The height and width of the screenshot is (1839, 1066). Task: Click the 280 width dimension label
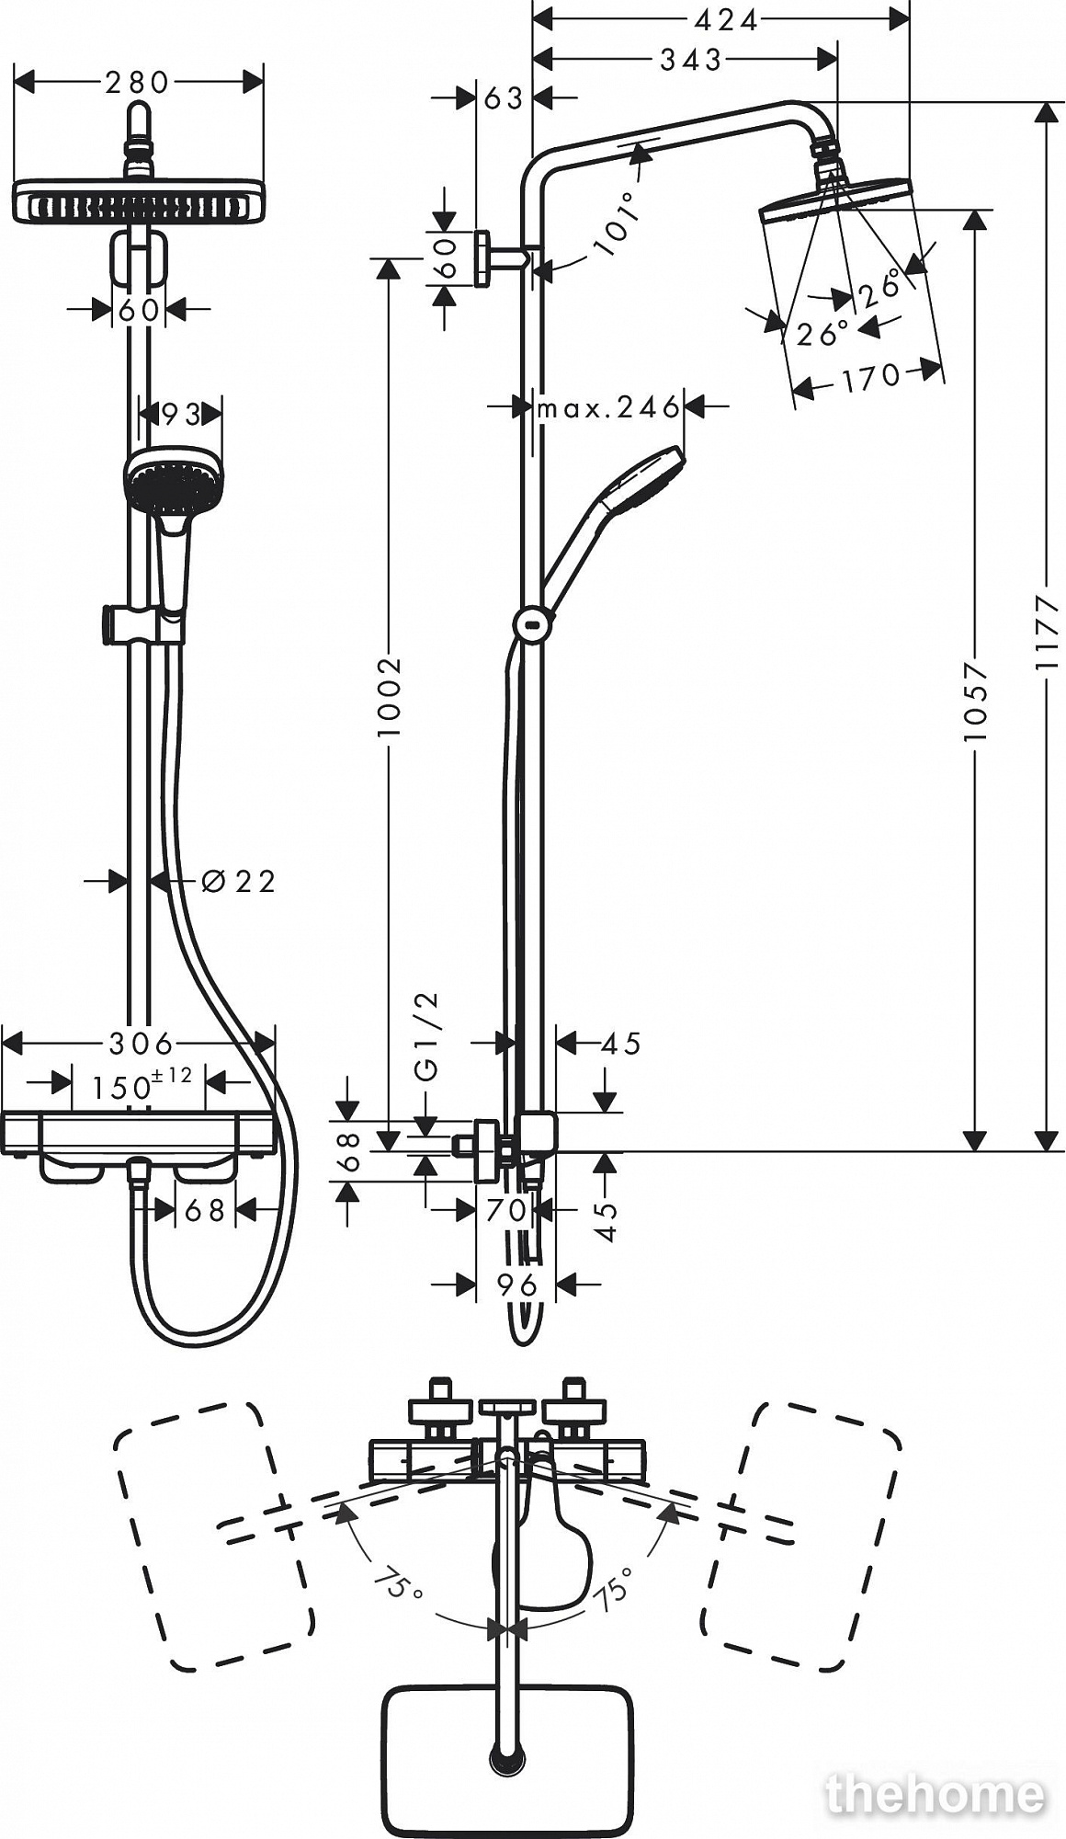[x=137, y=83]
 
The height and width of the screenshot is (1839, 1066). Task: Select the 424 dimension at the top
[x=725, y=20]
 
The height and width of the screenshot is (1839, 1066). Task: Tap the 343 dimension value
[x=691, y=60]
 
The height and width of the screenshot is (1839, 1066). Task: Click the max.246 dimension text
[x=608, y=407]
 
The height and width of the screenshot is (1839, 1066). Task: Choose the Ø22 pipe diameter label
[x=238, y=881]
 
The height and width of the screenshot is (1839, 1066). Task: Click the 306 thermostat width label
[x=141, y=1044]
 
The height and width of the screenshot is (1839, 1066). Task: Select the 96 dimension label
[x=516, y=1285]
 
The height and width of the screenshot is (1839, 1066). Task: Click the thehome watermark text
[x=936, y=1794]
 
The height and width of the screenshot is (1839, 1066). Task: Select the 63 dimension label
[x=504, y=97]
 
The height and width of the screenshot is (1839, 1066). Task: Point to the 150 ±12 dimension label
[x=142, y=1085]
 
